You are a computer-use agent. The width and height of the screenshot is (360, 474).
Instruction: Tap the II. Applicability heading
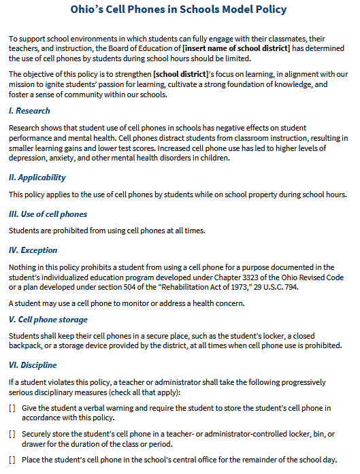(x=37, y=177)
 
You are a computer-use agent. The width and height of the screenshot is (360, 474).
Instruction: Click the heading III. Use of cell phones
(x=48, y=214)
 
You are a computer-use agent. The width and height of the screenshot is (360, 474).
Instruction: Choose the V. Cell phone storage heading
(x=48, y=320)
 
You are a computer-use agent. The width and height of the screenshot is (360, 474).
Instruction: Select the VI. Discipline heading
(x=33, y=364)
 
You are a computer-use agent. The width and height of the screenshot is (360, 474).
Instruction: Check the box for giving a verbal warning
(x=12, y=408)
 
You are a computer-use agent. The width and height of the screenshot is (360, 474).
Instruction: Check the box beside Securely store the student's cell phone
(x=12, y=433)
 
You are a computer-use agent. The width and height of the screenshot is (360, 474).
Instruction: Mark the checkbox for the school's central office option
(x=12, y=460)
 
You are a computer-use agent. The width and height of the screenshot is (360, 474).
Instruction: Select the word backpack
(x=26, y=345)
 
